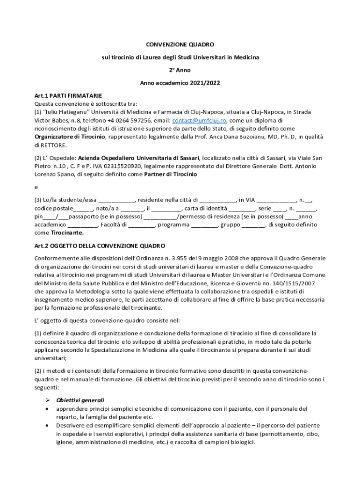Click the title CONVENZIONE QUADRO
coord(180,44)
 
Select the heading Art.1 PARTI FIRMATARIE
coord(68,95)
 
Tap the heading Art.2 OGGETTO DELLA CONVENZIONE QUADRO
coord(100,246)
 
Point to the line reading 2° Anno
coord(180,70)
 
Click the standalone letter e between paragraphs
coord(36,187)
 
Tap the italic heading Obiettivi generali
coord(80,400)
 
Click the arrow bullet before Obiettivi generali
coord(47,400)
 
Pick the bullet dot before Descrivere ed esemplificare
coord(47,426)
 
